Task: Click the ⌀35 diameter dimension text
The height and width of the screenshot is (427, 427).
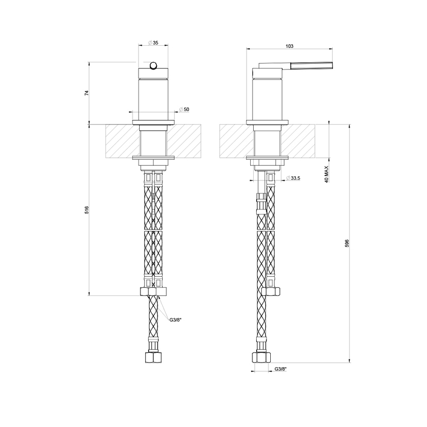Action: (154, 43)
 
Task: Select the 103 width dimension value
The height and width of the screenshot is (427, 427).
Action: (289, 46)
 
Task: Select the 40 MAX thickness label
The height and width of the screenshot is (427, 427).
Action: (326, 174)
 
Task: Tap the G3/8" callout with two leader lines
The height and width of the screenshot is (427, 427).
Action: (176, 319)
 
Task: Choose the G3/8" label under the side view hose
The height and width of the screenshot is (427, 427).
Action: (280, 369)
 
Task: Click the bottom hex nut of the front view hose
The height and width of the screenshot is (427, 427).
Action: (153, 358)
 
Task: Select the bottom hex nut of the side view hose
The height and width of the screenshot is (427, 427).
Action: (261, 358)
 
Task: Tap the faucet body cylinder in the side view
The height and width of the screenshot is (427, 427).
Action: (266, 98)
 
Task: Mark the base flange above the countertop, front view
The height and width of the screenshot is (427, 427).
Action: (153, 122)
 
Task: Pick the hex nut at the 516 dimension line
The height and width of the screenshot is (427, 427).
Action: (153, 291)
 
